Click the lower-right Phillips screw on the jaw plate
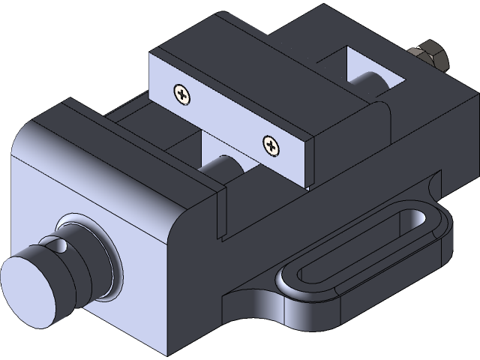tap(271, 145)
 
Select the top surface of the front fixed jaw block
tap(112, 131)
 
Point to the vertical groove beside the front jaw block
tap(222, 214)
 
